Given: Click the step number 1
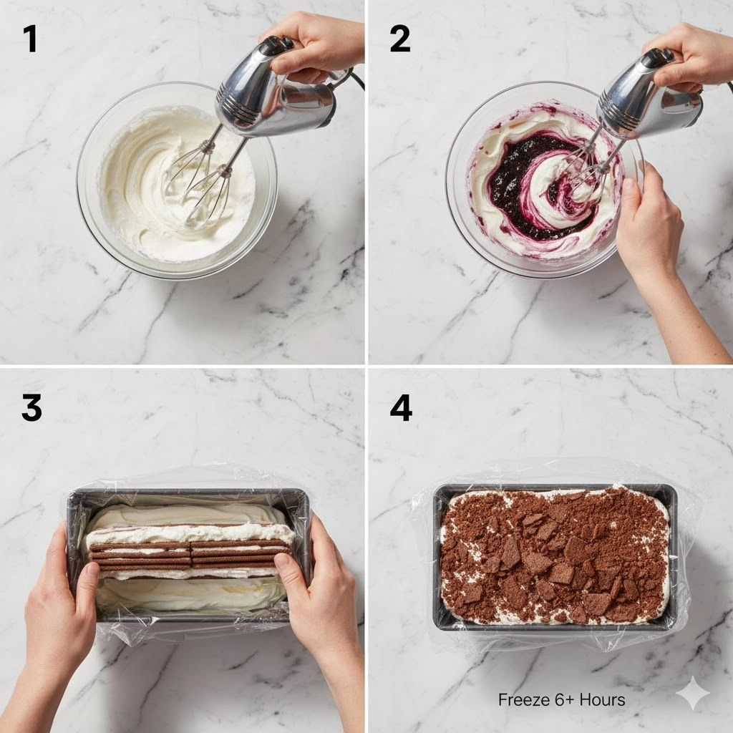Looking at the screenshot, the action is pos(30,39).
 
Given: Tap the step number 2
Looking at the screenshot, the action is pos(400,39).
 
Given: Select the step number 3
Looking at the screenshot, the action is pos(31,407).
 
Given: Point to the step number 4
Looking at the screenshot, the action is pos(401,407).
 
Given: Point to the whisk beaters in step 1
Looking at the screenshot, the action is pos(201,180).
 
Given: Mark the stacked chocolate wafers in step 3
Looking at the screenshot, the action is pos(189,555).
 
